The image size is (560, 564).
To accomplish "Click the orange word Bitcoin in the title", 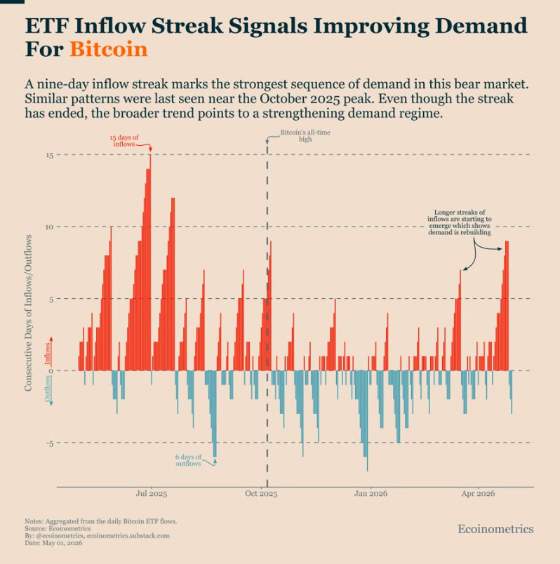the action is coord(109,49).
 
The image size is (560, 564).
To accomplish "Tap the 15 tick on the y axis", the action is coord(49,156).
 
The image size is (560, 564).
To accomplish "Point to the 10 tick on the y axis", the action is coord(49,227).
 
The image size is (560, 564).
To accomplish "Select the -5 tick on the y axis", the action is coord(50,443).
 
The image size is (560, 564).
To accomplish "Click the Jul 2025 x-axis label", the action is coord(151,494).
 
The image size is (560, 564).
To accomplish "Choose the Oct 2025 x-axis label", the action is coord(261,494).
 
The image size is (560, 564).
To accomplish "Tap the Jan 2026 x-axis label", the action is coord(371,494).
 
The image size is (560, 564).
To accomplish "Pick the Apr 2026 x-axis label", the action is coord(478,494).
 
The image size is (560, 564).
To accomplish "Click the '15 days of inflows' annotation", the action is coord(124,140).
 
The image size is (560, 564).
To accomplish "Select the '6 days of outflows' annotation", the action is coord(188,460).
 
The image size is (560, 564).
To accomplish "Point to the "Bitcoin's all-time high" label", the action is coord(305,135).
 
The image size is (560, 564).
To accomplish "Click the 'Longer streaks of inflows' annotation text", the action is coord(460,222).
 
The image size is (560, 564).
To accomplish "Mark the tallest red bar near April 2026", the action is coord(507,306).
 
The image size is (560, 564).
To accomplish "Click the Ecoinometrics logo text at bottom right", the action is coord(495,529).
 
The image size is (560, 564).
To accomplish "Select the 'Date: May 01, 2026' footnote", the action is coord(53,543).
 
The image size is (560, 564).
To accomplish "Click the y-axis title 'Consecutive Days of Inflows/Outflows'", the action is coord(28,313).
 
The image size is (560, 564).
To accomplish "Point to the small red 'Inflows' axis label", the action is coord(48,354).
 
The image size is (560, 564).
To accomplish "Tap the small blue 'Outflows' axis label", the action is coord(48,389).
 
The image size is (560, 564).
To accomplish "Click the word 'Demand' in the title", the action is coord(481,26).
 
